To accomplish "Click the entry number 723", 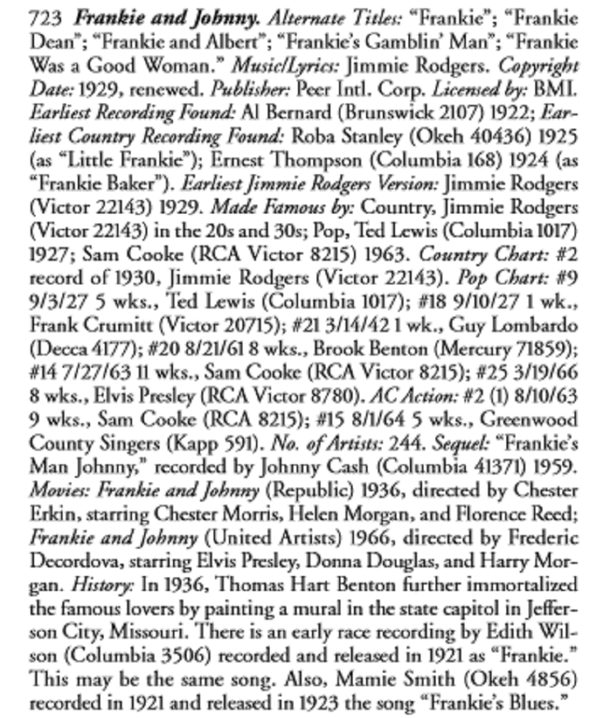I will click(45, 18).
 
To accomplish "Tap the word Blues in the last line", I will click(535, 703).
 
